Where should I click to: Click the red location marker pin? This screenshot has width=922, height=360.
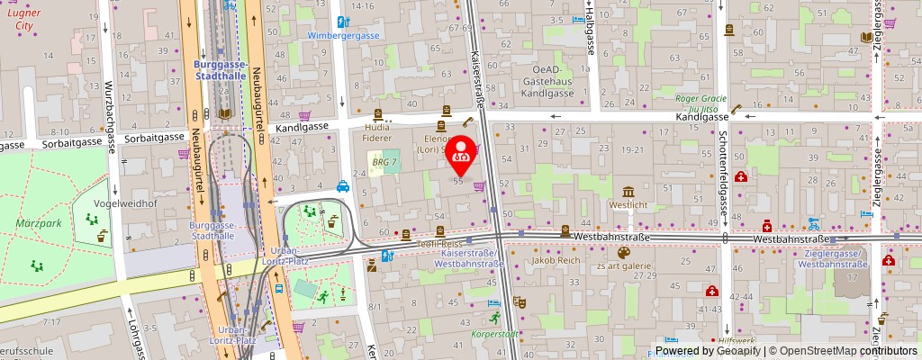point(462,153)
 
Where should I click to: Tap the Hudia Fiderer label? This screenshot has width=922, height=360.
point(377,133)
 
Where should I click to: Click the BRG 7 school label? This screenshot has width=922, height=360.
point(384,161)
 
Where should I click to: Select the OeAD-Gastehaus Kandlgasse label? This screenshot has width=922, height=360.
point(565,81)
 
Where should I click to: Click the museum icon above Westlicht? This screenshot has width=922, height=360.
point(628,191)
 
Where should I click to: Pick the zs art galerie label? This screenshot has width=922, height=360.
point(623,266)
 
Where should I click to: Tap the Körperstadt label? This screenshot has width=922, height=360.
point(494,334)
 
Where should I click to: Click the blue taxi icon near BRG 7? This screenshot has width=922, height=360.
point(343,187)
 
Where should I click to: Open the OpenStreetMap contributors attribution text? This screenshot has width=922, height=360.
point(843,351)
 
